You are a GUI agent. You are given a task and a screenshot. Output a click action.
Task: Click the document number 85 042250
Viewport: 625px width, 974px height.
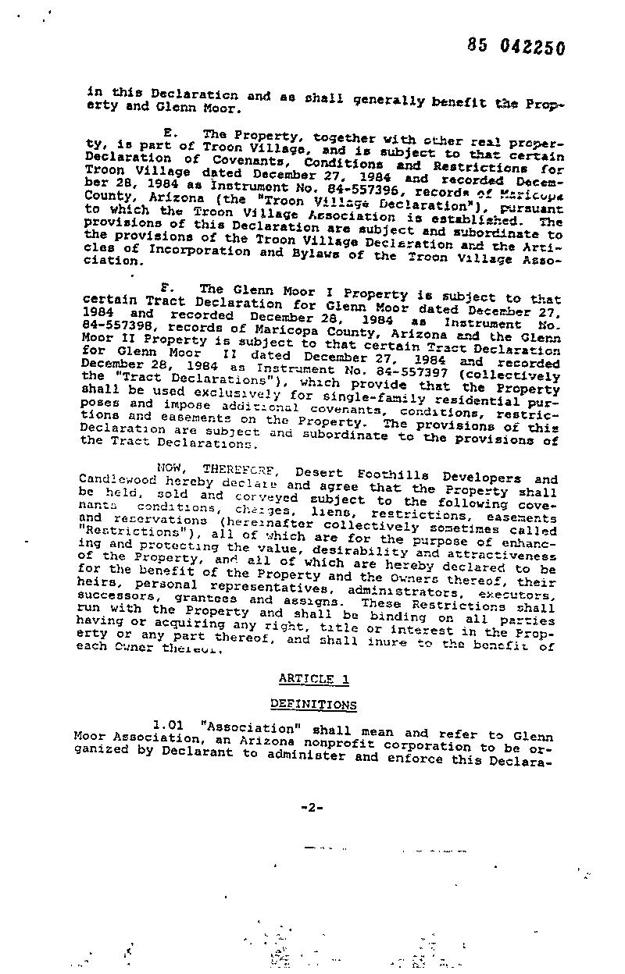coord(516,47)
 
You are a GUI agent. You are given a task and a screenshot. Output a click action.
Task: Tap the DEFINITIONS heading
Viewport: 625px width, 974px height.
coord(313,705)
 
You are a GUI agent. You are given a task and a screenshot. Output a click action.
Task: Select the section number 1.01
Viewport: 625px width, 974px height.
coord(169,723)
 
